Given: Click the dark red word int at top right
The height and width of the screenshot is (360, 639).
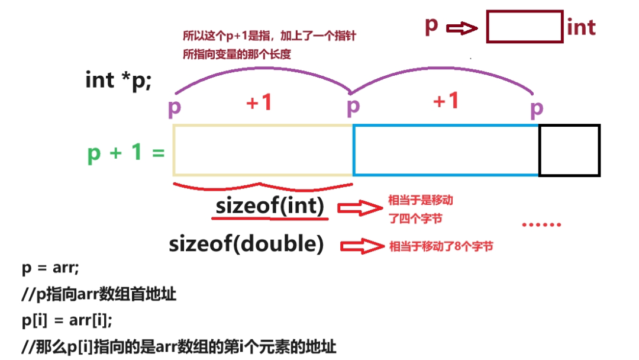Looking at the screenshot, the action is [x=581, y=27].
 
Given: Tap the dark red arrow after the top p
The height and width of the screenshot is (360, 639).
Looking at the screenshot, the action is [x=462, y=28].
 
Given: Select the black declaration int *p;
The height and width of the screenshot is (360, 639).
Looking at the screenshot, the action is [x=118, y=81].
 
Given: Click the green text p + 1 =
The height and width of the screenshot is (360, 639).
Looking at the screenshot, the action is [x=126, y=153].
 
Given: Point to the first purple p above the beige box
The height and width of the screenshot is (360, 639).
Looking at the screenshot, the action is [x=175, y=108].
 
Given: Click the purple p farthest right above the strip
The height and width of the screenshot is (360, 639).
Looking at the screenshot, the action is [x=537, y=109].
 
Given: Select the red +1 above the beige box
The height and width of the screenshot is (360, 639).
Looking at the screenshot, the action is [x=259, y=102].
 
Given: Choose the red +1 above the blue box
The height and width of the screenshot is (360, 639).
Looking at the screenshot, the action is [x=446, y=100].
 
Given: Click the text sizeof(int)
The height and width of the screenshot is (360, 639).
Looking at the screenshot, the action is [x=270, y=205].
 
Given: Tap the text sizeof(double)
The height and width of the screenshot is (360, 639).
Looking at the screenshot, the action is [x=247, y=244].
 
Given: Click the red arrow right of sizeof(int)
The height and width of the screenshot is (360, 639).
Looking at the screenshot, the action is [x=360, y=208].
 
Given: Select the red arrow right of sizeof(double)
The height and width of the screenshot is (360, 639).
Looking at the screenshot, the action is [x=362, y=246].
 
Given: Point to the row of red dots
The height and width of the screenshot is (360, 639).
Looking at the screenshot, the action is [x=541, y=224].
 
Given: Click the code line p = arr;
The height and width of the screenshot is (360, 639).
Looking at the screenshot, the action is [x=50, y=268].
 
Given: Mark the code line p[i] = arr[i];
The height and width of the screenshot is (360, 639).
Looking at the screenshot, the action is [x=67, y=320].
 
